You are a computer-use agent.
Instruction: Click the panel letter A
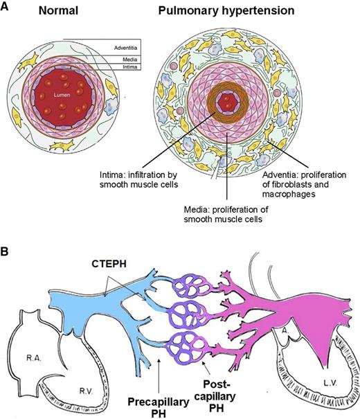click(x=6, y=10)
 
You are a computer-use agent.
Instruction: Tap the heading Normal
click(x=58, y=11)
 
